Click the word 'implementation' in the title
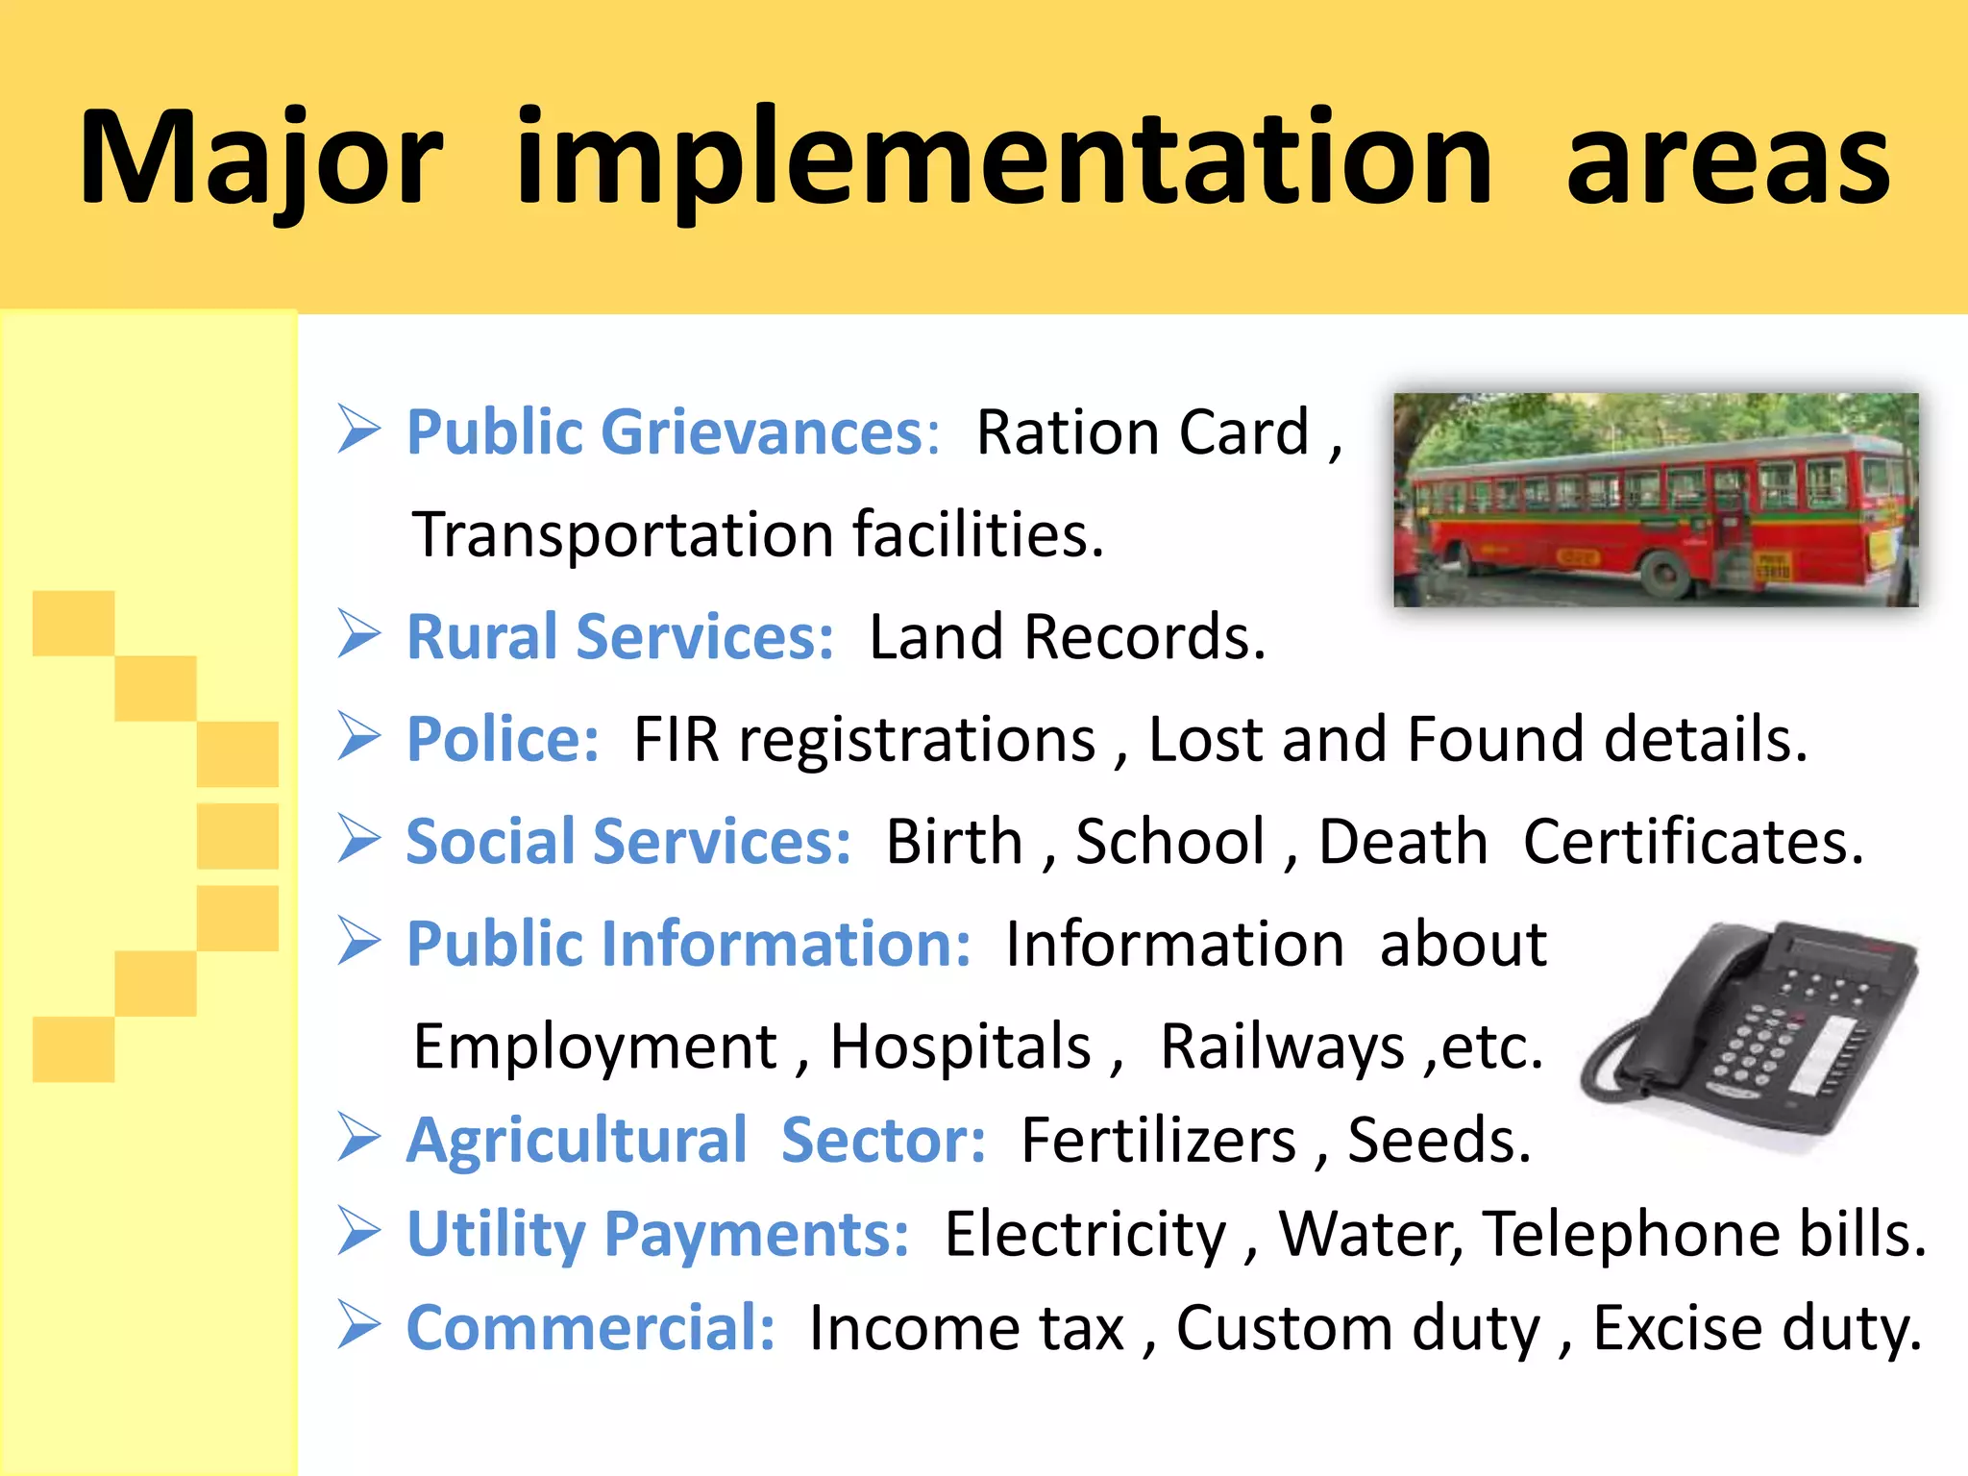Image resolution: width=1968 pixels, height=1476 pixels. pyautogui.click(x=1003, y=159)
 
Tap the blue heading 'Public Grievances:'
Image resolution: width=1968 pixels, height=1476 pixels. pyautogui.click(x=673, y=432)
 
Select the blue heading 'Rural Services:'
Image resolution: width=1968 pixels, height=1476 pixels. pyautogui.click(x=620, y=637)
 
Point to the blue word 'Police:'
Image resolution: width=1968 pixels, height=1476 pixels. pyautogui.click(x=503, y=740)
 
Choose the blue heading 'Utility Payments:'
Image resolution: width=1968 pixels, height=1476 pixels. pyautogui.click(x=657, y=1234)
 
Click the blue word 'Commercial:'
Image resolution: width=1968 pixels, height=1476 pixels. pyautogui.click(x=590, y=1328)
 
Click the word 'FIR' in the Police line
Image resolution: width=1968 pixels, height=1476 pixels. pyautogui.click(x=676, y=740)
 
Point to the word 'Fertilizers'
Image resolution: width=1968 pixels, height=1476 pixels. pyautogui.click(x=1158, y=1141)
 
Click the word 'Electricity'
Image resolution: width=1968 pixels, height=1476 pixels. pyautogui.click(x=1085, y=1234)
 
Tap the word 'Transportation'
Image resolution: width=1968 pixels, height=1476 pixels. pyautogui.click(x=623, y=535)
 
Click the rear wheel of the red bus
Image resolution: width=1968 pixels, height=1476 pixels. pyautogui.click(x=1665, y=574)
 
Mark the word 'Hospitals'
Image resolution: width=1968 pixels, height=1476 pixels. pyautogui.click(x=960, y=1046)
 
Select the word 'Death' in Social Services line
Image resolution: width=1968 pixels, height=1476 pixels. pyautogui.click(x=1402, y=842)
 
